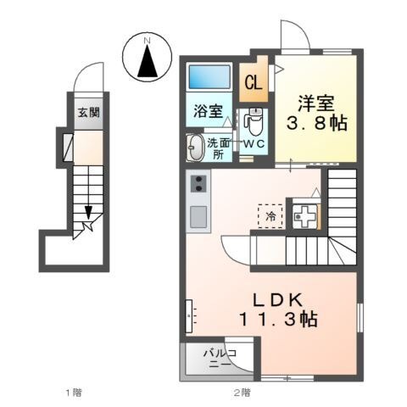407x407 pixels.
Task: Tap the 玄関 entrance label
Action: coord(89,113)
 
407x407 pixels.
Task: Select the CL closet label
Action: coord(253,82)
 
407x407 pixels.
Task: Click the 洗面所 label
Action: coord(218,148)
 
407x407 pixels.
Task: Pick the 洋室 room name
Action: coord(315,104)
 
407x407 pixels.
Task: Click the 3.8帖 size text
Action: coord(315,125)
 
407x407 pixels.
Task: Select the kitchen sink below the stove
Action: coord(198,217)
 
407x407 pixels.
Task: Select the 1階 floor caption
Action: coord(73,392)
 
